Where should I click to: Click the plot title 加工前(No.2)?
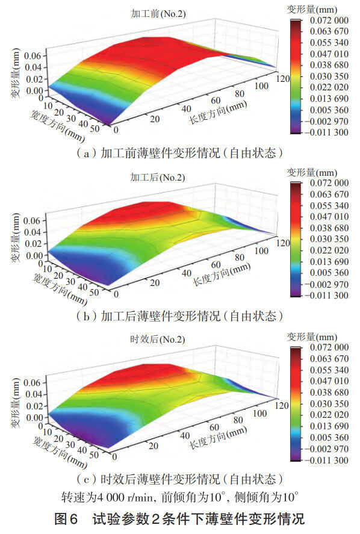(158, 14)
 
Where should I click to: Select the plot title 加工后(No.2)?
(158, 178)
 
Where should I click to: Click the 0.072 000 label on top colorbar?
(329, 20)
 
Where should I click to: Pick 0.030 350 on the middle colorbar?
(329, 239)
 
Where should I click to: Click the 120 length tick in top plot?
(283, 79)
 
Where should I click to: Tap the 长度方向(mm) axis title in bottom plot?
(218, 438)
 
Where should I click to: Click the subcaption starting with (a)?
(179, 153)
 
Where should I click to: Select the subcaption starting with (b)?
(179, 316)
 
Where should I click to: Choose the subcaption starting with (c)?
(179, 479)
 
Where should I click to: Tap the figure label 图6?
(66, 519)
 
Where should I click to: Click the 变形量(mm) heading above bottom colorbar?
(312, 337)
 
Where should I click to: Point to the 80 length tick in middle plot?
(240, 258)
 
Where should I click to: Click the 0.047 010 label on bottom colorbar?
(329, 380)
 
